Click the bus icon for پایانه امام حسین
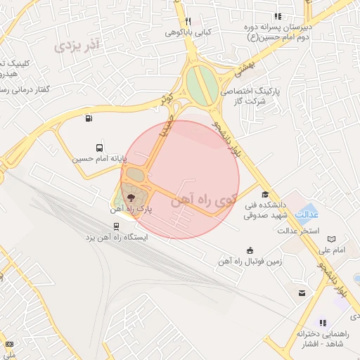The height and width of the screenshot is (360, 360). click(x=99, y=148)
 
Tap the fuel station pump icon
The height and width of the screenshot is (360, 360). click(x=88, y=118)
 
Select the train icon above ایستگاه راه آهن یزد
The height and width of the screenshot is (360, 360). click(x=116, y=226)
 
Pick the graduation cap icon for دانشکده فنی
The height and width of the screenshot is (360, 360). click(x=265, y=195)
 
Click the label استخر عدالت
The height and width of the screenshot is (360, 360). click(x=299, y=231)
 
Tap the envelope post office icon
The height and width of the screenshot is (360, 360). click(x=302, y=292)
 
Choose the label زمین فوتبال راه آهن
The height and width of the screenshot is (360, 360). click(x=249, y=262)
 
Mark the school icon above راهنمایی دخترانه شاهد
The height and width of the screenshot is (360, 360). click(x=323, y=322)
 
